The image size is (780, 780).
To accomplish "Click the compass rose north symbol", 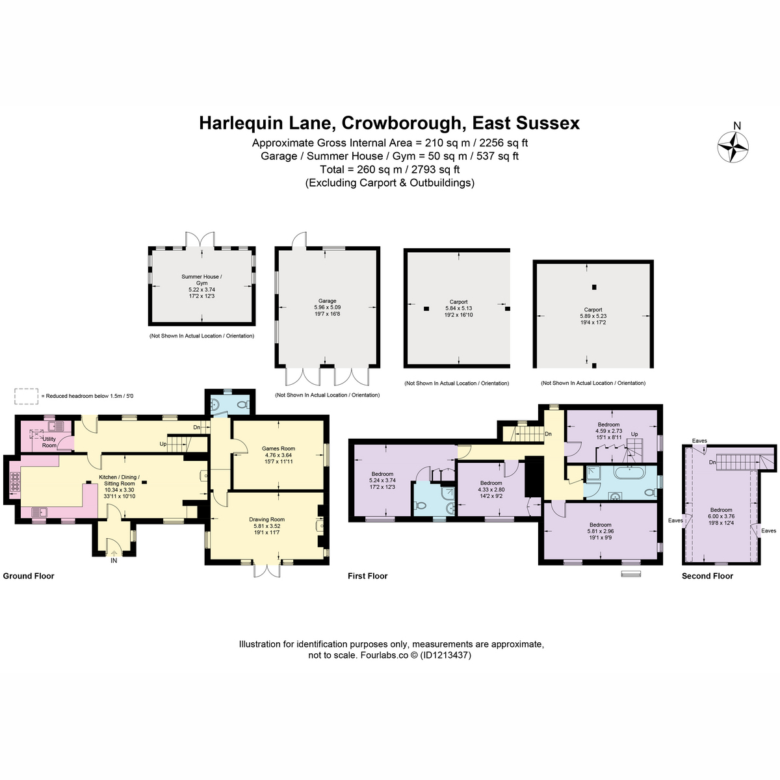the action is coord(733,148).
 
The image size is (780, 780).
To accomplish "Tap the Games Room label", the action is coord(278,448).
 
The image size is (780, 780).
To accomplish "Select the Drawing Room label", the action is coord(266,519).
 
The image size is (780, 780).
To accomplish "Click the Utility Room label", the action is coord(49,442).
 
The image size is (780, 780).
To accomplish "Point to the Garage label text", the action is coord(327,301).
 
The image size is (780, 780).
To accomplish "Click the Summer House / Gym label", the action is coord(201,279).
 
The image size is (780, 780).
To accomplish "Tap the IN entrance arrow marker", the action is coord(114,554).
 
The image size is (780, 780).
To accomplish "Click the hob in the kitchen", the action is coord(14,481).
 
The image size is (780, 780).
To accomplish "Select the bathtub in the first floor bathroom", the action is coord(630,473).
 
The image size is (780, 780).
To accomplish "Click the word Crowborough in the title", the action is coord(402,123).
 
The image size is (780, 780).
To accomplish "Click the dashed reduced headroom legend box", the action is coord(26,396).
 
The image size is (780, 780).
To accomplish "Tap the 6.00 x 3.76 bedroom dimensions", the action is coord(721,516).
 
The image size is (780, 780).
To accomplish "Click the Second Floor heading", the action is coord(707,576).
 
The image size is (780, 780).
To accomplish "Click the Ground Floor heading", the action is coord(29,576).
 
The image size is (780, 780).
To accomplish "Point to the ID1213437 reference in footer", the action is coord(446,655).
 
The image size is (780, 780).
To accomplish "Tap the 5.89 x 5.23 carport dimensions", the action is coord(593,316).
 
